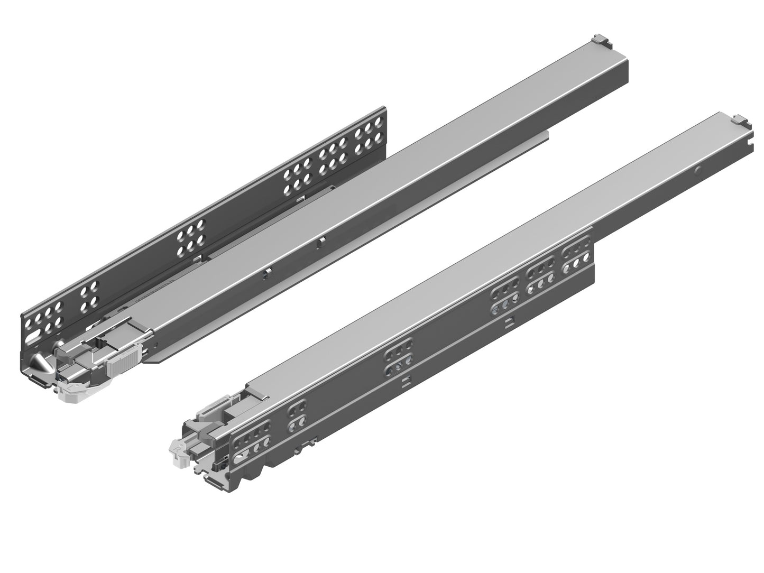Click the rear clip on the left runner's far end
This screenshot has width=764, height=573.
click(x=600, y=39)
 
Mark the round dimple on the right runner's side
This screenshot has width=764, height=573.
click(x=699, y=170)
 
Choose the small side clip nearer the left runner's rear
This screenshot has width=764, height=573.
click(x=320, y=243)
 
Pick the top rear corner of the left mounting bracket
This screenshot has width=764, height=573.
click(x=384, y=108)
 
